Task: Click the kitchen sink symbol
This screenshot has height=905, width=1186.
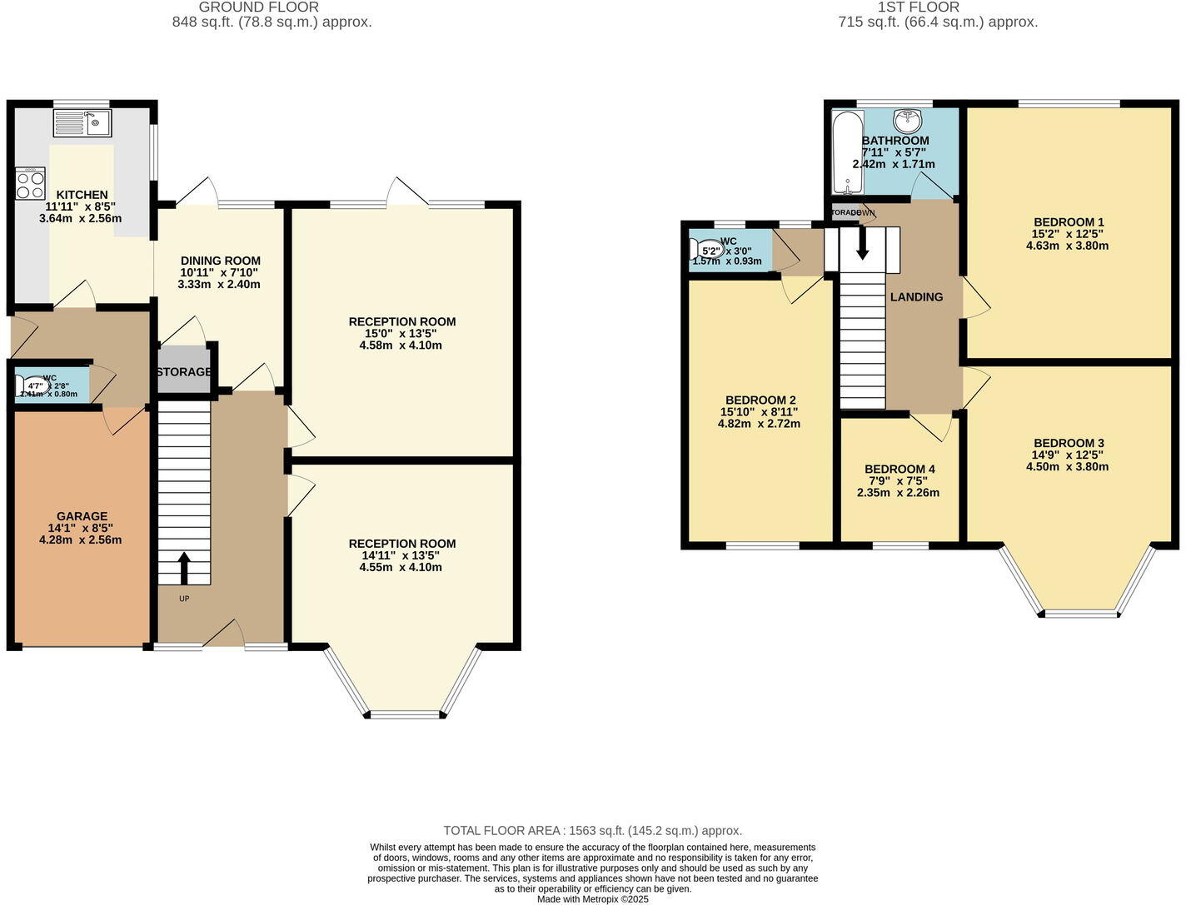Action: pos(83,123)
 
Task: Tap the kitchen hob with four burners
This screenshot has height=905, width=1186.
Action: pos(30,183)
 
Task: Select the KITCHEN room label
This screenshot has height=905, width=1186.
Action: pos(82,195)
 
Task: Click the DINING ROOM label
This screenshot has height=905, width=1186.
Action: pos(220,261)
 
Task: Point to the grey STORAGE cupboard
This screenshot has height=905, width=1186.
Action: pos(184,371)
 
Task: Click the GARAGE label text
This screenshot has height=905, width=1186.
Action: pos(82,516)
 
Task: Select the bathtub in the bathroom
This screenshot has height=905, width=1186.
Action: pos(847,152)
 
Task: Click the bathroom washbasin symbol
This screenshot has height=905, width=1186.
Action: pos(906,122)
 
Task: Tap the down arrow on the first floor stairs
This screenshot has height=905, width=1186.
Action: pos(862,242)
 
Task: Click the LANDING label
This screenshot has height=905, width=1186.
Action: pos(916,297)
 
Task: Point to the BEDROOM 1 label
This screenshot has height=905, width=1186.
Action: pos(1069,222)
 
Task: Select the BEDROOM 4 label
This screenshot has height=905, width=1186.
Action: pos(899,470)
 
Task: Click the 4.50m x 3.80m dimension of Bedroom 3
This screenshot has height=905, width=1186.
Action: pos(1067,467)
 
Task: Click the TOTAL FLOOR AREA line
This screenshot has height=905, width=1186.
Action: pos(592,830)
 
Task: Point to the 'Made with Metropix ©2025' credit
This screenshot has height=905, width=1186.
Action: pos(592,899)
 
